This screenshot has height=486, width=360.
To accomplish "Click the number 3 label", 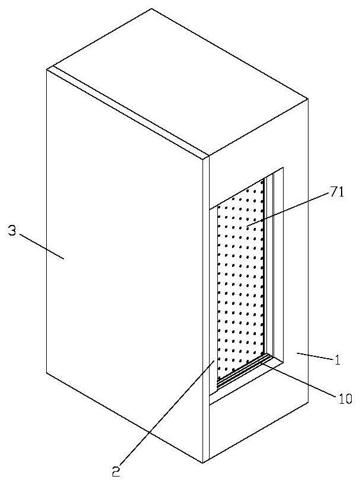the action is [12, 231].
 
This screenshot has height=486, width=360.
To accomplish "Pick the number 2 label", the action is [115, 471].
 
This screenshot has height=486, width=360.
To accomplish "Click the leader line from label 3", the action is [41, 245].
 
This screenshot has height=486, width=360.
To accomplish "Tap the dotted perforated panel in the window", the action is [240, 278].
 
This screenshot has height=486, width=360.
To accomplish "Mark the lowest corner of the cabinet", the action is [205, 462].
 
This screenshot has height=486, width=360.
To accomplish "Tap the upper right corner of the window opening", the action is [284, 168].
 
